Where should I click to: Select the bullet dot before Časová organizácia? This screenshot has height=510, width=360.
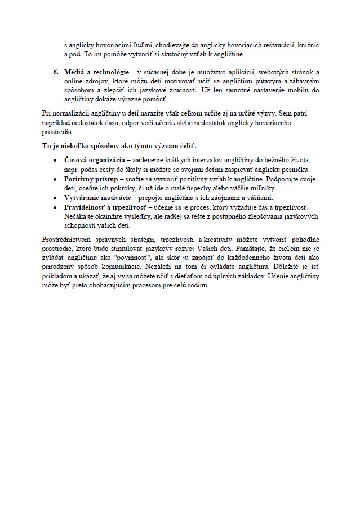click(x=55, y=161)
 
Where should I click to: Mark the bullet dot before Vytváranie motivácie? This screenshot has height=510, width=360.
click(x=55, y=198)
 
